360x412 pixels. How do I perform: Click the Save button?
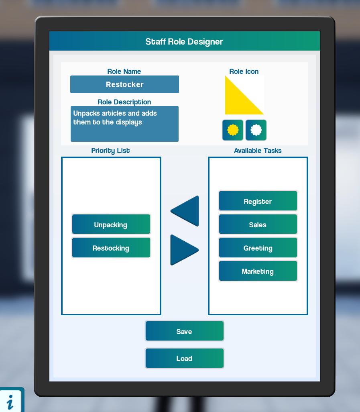coord(184,331)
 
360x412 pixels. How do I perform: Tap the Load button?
coord(184,358)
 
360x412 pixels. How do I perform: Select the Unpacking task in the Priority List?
coord(111,224)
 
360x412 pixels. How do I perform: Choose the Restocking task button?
coord(111,248)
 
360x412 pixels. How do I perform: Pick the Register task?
coord(258,201)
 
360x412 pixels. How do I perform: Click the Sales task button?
coord(258,224)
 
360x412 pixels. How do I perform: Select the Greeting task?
coord(258,248)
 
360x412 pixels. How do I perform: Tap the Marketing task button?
coord(258,271)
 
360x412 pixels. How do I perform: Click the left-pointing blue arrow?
coord(186,211)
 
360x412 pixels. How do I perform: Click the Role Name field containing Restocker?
coord(124,84)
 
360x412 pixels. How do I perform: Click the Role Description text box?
coord(124,124)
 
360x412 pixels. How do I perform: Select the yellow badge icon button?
coord(233,130)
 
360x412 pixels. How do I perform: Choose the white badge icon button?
coord(256,130)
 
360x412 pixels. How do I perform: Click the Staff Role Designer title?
coord(184,41)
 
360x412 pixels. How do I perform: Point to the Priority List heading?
coord(110,151)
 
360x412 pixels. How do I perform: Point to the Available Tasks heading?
coord(258,151)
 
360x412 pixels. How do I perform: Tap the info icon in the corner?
coord(11,401)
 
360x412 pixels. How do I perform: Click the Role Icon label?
coord(244,71)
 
